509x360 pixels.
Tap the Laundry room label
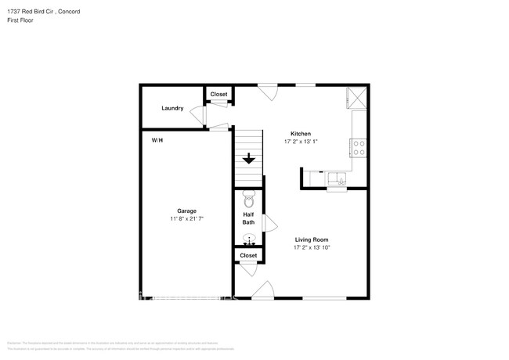coord(172,108)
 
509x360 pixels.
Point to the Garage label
coord(186,211)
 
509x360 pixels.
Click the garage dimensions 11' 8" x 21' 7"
coord(186,219)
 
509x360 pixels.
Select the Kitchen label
coord(301,133)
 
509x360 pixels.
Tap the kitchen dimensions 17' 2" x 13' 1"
coord(301,142)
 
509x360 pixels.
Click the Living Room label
coord(311,239)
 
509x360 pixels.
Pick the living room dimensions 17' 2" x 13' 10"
coord(311,248)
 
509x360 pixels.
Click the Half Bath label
coord(248,218)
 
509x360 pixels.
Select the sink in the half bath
coord(249,239)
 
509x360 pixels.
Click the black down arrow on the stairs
coord(249,159)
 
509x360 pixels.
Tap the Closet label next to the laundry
coord(219,94)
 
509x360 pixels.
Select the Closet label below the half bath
coord(248,255)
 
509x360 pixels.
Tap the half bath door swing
coord(271,225)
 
